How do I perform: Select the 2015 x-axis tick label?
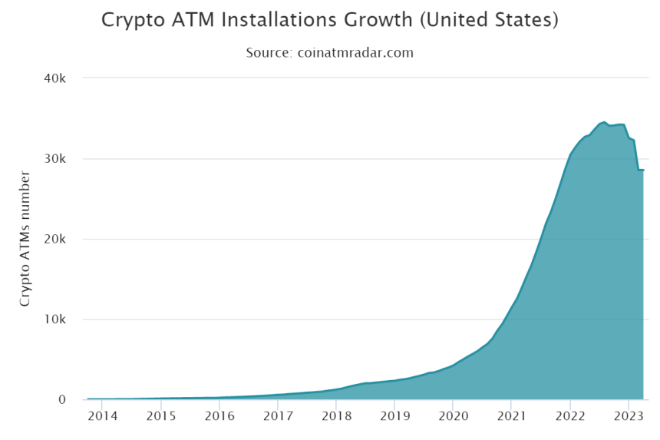[x=160, y=416]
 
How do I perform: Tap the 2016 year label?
[x=219, y=416]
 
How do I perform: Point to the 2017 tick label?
[x=278, y=416]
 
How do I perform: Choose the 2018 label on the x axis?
[x=336, y=416]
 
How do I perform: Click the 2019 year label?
[x=394, y=416]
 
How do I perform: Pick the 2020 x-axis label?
[x=453, y=416]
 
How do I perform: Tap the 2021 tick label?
[x=511, y=416]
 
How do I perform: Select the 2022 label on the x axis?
[x=569, y=416]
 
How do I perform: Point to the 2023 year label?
[x=628, y=416]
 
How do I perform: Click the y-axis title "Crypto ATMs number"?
[x=25, y=240]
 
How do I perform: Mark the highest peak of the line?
[x=604, y=121]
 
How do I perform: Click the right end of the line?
[x=643, y=170]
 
